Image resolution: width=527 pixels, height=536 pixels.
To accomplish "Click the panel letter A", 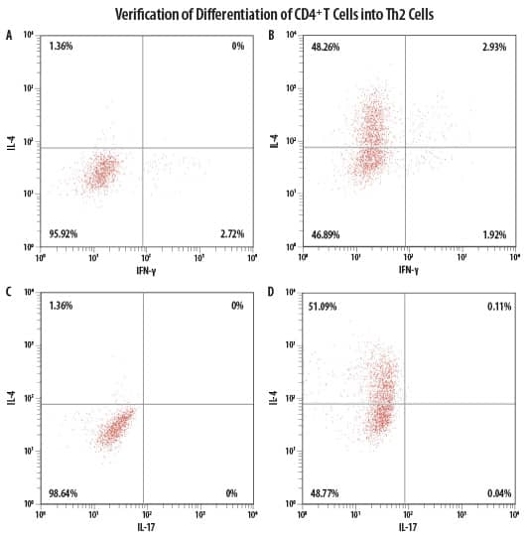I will point(9,35).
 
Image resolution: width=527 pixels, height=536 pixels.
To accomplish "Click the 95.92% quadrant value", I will point(63,234).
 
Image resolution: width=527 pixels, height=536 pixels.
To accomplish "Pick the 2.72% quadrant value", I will point(231,234).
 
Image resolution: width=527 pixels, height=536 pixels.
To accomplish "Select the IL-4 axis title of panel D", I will point(274,400).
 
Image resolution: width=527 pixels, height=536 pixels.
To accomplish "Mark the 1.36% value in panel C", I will point(61,306).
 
